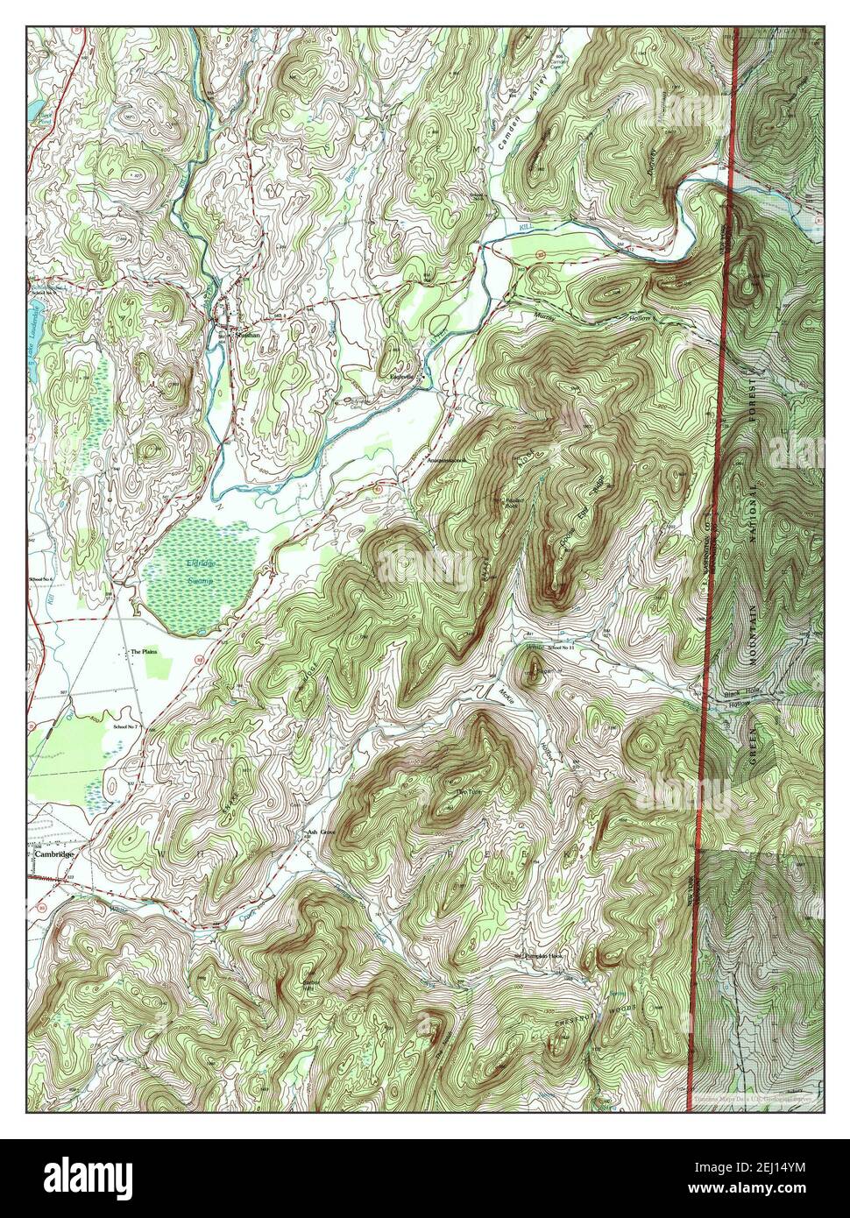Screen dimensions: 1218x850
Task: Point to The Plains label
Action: (x=143, y=652)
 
